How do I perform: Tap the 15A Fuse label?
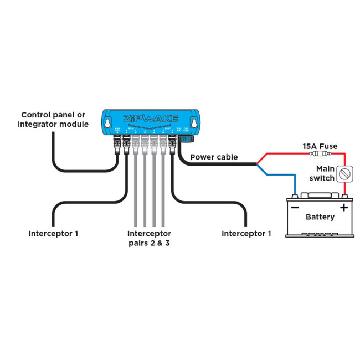click(x=320, y=146)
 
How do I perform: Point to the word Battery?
click(x=320, y=217)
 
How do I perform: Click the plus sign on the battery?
click(x=344, y=208)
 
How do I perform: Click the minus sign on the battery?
click(x=295, y=207)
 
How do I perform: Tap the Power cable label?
click(x=214, y=157)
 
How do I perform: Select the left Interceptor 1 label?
click(x=53, y=233)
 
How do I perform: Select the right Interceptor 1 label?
click(x=246, y=233)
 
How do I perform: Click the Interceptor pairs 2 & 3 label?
click(x=149, y=238)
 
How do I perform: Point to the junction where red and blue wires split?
click(x=256, y=164)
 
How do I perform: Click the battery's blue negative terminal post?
click(x=295, y=195)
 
